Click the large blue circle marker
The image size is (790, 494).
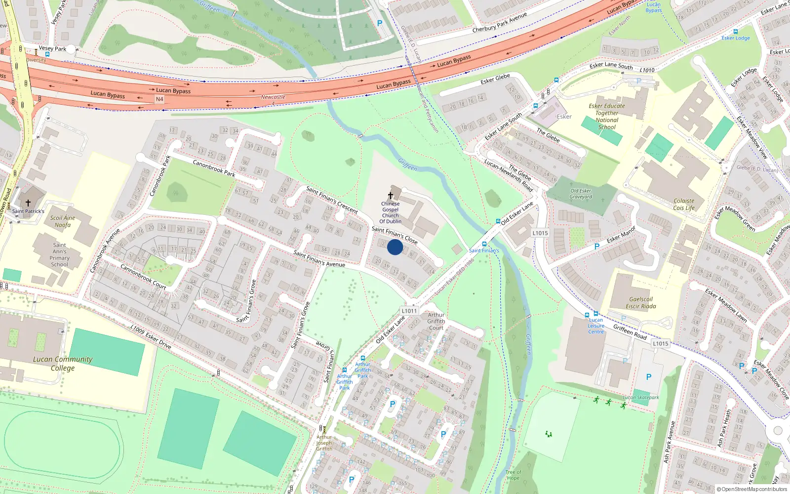[x=395, y=247]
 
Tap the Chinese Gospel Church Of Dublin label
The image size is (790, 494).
[x=390, y=212]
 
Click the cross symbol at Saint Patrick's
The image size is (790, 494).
[x=28, y=203]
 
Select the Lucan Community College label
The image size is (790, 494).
[x=63, y=364]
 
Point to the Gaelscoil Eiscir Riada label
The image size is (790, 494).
[x=641, y=303]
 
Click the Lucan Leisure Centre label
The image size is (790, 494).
[x=596, y=326]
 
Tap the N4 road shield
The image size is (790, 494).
[x=159, y=99]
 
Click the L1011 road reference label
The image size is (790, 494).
[x=409, y=311]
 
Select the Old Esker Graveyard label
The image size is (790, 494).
[x=581, y=194]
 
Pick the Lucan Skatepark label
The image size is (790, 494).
[x=641, y=397]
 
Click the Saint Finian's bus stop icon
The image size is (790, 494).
[x=484, y=244]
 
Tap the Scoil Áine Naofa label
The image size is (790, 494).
[x=63, y=221]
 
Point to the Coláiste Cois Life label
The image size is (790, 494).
[x=684, y=205]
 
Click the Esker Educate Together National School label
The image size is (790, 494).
[x=607, y=117]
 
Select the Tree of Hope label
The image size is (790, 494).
[x=513, y=475]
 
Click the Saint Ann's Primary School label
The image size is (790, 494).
[x=59, y=255]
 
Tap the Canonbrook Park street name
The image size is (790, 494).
[x=214, y=168]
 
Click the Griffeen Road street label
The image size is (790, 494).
[x=630, y=331]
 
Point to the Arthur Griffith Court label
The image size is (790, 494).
[x=436, y=321]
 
